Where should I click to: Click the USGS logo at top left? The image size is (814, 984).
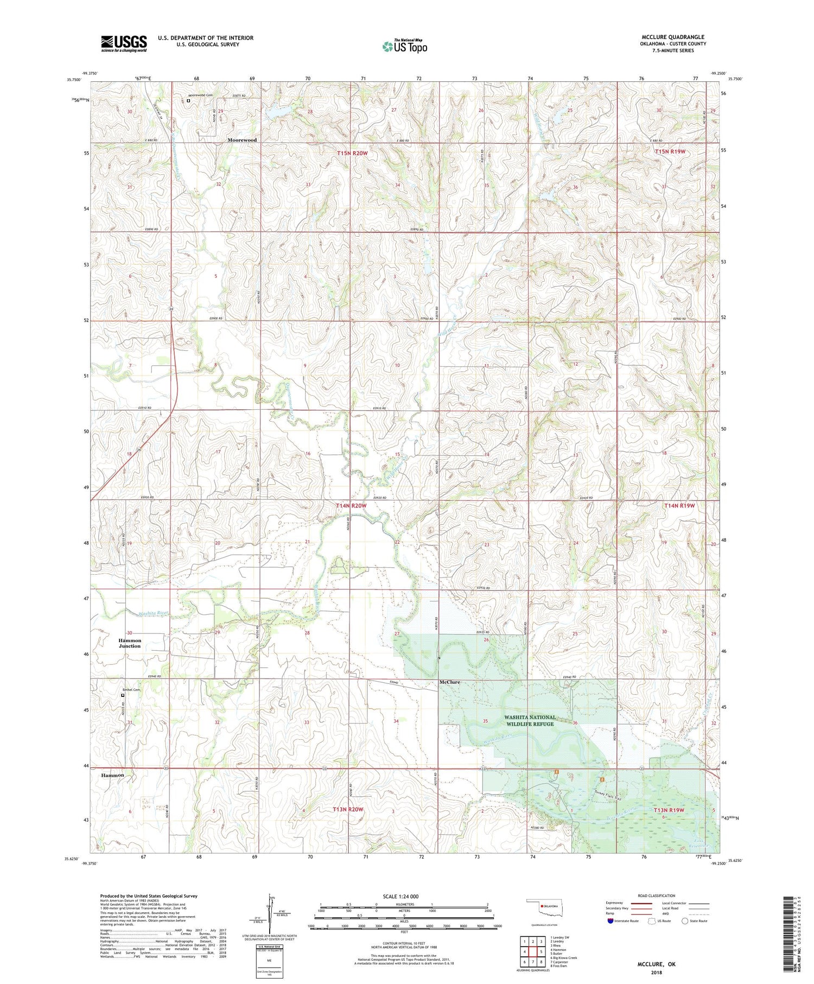point(124,43)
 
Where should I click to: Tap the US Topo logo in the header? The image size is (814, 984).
point(405,47)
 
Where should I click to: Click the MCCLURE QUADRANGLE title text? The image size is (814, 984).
point(673,37)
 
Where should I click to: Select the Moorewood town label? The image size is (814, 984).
point(242,140)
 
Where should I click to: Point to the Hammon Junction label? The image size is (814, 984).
point(130,643)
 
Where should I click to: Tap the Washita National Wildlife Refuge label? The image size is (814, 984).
point(530,720)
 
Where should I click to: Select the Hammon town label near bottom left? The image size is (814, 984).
point(112,775)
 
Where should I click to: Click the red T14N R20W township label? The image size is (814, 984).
point(351,505)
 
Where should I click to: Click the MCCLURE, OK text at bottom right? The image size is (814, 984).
point(656,964)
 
